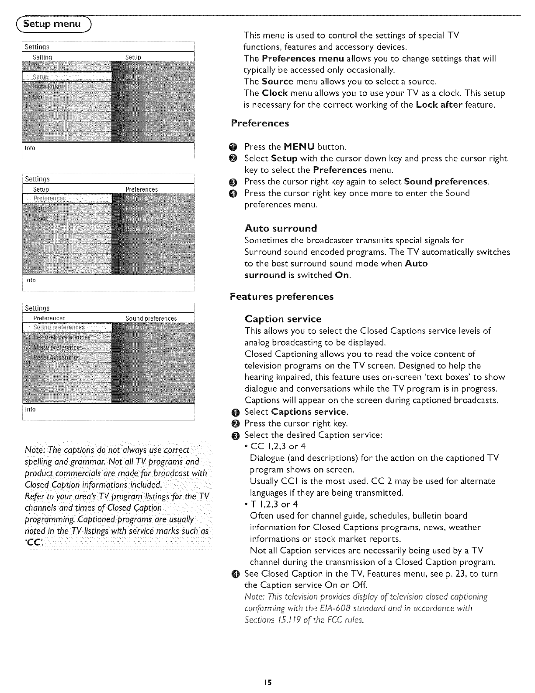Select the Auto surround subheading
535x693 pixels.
pyautogui.click(x=281, y=228)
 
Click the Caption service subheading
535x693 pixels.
pyautogui.click(x=283, y=319)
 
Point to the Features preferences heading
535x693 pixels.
pyautogui.click(x=281, y=297)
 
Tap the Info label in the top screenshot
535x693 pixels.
pyautogui.click(x=30, y=148)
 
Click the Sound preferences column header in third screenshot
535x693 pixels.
pyautogui.click(x=151, y=318)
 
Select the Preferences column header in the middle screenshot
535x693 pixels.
pyautogui.click(x=142, y=189)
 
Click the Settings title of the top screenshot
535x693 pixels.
pyautogui.click(x=37, y=47)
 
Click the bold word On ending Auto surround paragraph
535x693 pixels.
pyautogui.click(x=342, y=275)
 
